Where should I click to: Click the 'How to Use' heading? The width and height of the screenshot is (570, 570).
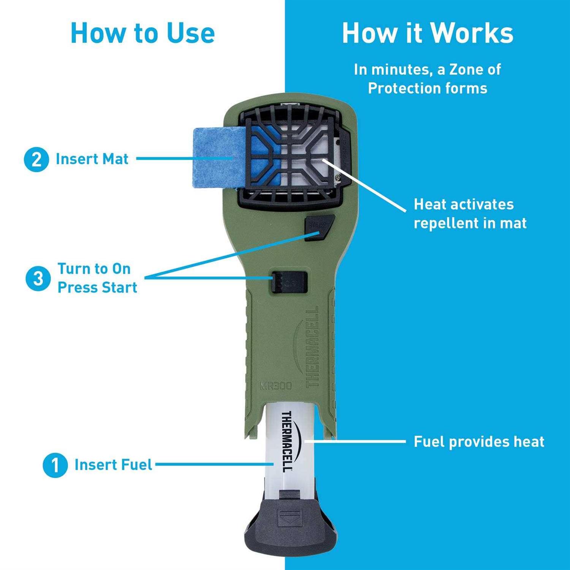(x=142, y=33)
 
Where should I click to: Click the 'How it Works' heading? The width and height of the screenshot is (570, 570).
(x=427, y=33)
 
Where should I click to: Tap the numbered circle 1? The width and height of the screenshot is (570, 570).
(x=55, y=465)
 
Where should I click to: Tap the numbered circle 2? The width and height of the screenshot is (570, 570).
(x=36, y=159)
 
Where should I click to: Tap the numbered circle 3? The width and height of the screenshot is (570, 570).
(x=38, y=278)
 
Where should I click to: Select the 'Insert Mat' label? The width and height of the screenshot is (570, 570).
(x=92, y=159)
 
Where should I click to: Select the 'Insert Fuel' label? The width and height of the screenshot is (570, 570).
(x=113, y=465)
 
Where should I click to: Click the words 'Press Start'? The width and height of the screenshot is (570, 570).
(x=97, y=288)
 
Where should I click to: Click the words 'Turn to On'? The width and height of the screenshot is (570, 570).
(x=94, y=269)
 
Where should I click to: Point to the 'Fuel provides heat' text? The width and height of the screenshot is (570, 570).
(x=479, y=442)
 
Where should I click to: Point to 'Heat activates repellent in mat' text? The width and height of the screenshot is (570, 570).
(x=470, y=214)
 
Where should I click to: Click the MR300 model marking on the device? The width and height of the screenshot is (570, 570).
(x=276, y=386)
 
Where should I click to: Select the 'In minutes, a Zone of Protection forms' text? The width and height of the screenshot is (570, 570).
(x=427, y=79)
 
